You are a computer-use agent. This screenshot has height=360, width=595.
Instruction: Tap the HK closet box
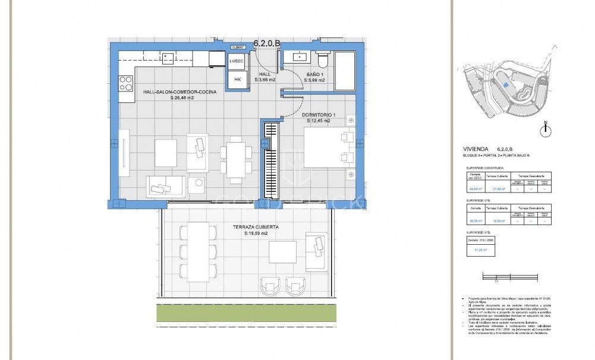click(237, 80)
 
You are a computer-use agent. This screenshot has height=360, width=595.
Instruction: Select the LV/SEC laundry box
click(237, 62)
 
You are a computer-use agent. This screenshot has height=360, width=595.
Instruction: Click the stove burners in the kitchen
click(126, 84)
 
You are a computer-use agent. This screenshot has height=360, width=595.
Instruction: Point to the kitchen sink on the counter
click(169, 58)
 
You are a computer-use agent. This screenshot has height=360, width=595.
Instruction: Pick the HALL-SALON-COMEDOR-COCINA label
click(179, 93)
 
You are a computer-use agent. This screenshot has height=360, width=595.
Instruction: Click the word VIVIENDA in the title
click(477, 150)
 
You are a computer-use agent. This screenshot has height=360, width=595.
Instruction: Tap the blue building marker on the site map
click(504, 86)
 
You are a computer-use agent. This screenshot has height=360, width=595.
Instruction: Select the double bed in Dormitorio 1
click(327, 150)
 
